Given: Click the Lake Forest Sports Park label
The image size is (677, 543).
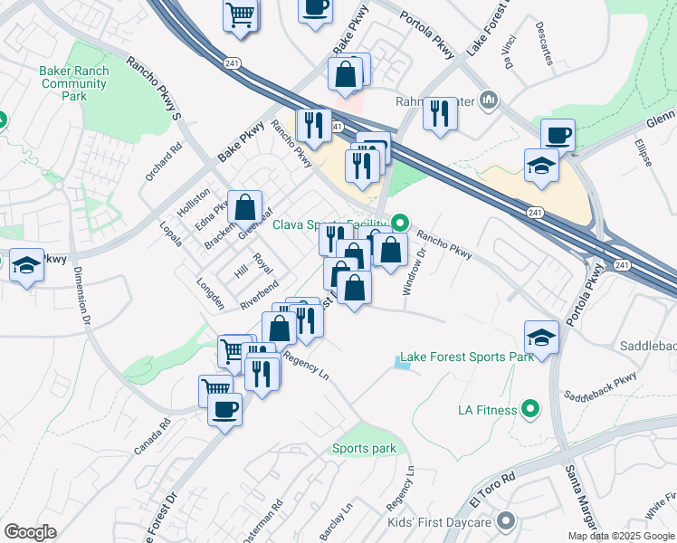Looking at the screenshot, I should (466, 357).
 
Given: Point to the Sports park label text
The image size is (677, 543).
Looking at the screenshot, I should (364, 449).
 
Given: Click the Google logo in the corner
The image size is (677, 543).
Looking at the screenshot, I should (30, 532).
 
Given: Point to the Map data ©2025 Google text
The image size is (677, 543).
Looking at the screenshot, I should (621, 536).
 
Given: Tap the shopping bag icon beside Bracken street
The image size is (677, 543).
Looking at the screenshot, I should (245, 207).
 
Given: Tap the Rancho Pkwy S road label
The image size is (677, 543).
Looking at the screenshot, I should (154, 90).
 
